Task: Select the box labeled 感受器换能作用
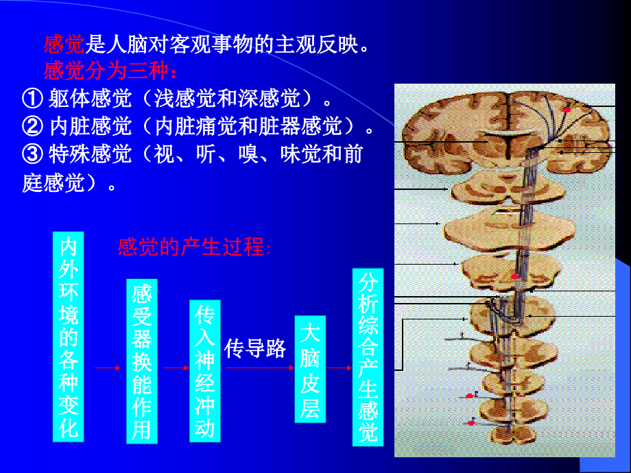tap(142, 361)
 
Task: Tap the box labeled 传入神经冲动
tap(205, 371)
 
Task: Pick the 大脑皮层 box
tap(310, 369)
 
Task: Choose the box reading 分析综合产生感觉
tap(368, 356)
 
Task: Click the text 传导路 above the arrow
tap(255, 349)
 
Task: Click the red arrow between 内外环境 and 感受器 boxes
tap(107, 368)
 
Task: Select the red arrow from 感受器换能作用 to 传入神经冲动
tap(174, 368)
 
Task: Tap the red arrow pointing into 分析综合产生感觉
tap(340, 368)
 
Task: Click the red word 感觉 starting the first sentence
tap(63, 45)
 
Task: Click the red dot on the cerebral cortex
tap(567, 110)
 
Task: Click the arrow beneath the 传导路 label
tap(255, 368)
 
